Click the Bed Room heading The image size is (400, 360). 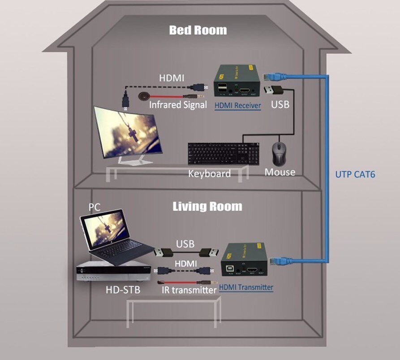198,30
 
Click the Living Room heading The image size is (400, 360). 207,207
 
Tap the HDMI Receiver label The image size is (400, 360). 238,105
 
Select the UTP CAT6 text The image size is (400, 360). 355,174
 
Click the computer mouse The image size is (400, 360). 280,154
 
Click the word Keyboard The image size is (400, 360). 209,173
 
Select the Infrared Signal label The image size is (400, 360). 178,105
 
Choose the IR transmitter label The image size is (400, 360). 189,290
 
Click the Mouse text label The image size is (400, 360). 280,172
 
